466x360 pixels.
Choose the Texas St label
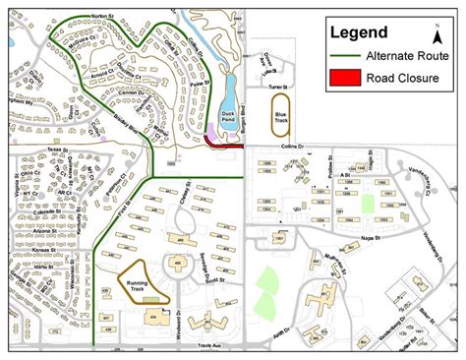[46, 151]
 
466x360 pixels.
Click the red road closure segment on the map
[227, 145]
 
